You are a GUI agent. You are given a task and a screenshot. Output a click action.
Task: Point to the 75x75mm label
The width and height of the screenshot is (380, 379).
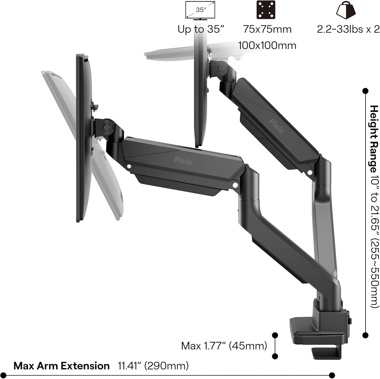pos(267,29)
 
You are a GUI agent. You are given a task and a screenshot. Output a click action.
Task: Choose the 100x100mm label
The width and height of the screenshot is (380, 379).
pos(267,45)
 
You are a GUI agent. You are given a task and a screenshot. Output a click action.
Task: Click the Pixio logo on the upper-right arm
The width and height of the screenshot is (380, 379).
pos(276,126)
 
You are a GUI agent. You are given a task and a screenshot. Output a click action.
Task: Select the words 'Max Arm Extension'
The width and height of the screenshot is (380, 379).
pos(62,366)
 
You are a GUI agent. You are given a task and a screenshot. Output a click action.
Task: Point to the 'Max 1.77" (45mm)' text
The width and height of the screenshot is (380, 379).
pos(224,346)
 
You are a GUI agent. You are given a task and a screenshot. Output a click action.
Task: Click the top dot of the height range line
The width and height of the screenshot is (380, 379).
pos(365,91)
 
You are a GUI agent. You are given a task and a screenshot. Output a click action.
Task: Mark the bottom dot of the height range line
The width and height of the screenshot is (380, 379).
pos(365,335)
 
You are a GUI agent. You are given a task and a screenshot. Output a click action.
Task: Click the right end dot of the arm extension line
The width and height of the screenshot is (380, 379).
pos(332,375)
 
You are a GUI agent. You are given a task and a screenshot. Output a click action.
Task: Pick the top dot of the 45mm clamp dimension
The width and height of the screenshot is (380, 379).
pos(275,335)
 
